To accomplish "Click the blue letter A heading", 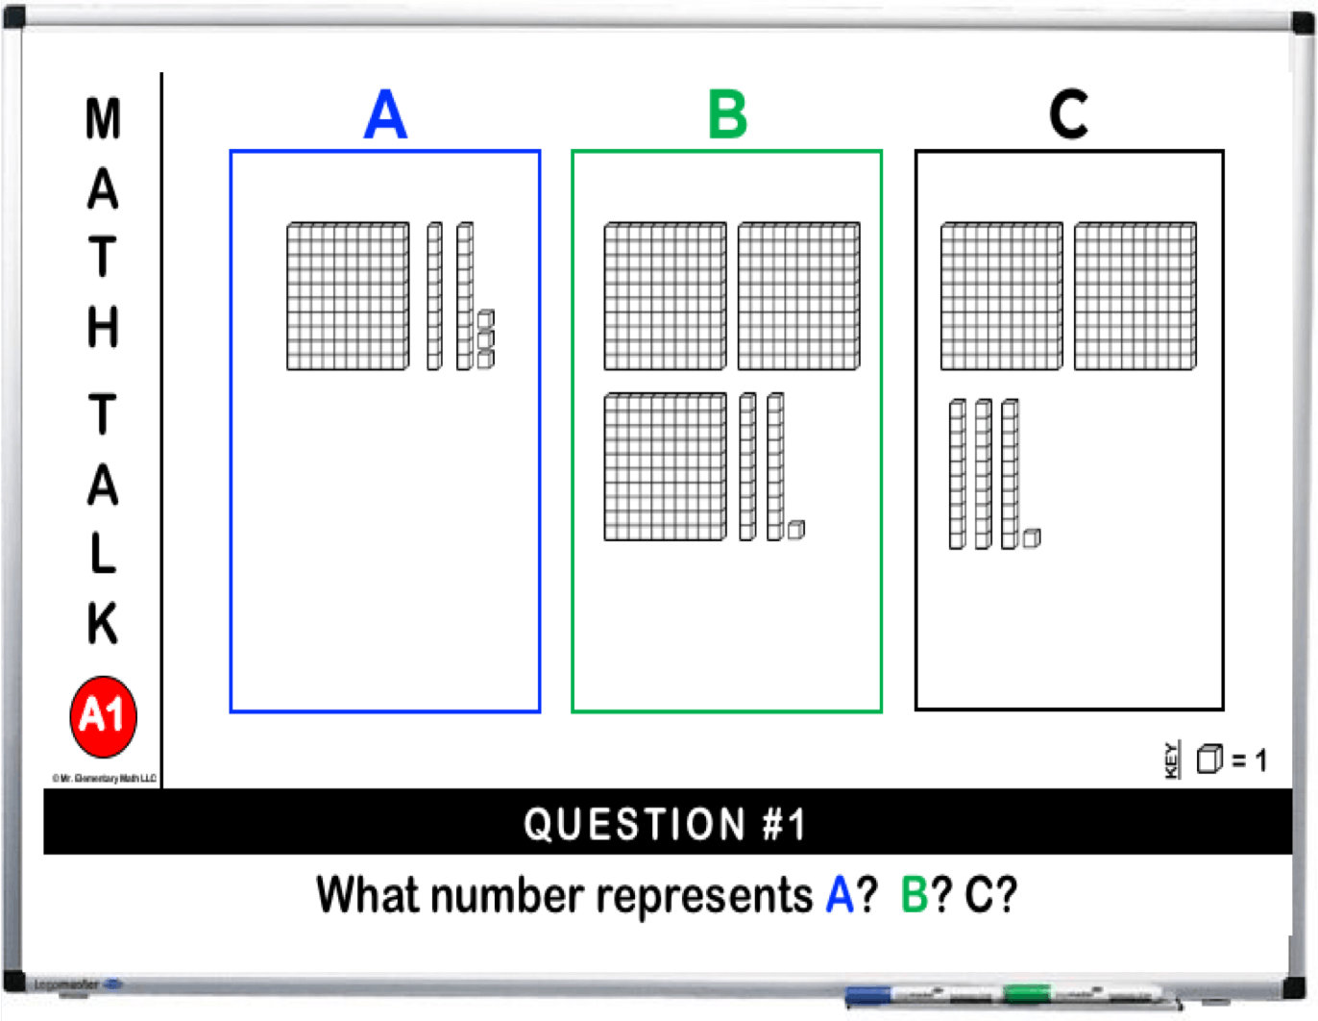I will click(385, 114).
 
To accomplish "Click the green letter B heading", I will click(727, 114).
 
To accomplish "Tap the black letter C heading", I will click(1068, 114).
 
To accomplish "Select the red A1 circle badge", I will click(104, 716).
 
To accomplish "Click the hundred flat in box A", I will click(348, 296).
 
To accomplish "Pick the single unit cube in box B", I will click(796, 530).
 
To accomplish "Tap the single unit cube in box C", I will click(1032, 538).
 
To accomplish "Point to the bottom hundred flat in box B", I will click(665, 467).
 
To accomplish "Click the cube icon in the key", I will click(1209, 760).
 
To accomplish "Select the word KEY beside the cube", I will click(1171, 760).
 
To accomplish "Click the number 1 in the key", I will click(1260, 760).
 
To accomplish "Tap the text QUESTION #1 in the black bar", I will click(665, 824).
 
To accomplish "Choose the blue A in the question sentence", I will click(840, 896).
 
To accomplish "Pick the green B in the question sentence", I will click(914, 896).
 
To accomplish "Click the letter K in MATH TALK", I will click(103, 623).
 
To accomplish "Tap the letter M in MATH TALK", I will click(103, 119).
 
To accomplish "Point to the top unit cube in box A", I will click(486, 319).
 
